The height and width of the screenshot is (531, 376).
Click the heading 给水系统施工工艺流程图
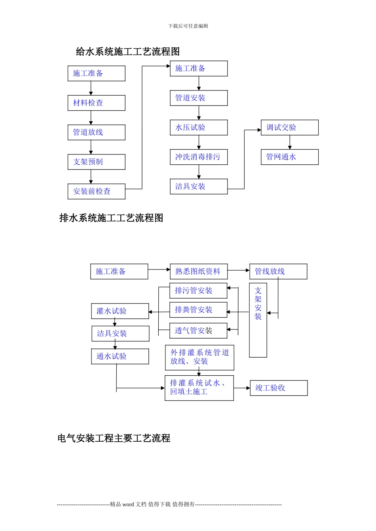[127, 52]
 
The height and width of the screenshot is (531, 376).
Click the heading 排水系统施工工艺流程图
[111, 218]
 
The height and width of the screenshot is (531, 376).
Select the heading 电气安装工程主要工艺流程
[114, 438]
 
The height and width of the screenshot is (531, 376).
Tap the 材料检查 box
[96, 103]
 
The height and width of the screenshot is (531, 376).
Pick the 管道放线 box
[96, 132]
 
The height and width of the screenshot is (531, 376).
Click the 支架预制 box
[96, 162]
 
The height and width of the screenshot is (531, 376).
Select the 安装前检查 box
[96, 192]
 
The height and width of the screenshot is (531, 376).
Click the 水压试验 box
[199, 128]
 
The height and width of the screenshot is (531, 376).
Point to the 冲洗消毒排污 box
[199, 157]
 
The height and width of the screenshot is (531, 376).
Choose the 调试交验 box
[289, 128]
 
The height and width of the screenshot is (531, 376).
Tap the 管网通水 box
[289, 157]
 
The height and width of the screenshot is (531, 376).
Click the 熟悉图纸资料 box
[199, 272]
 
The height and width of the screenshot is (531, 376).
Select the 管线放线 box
[278, 272]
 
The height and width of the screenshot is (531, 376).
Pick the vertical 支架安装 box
[258, 320]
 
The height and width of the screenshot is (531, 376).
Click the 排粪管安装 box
[198, 310]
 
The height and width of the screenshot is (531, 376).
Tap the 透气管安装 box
[198, 331]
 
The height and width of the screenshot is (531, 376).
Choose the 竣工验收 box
[279, 388]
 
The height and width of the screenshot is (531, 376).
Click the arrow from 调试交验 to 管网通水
[290, 142]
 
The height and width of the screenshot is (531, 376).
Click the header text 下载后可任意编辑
[188, 26]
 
